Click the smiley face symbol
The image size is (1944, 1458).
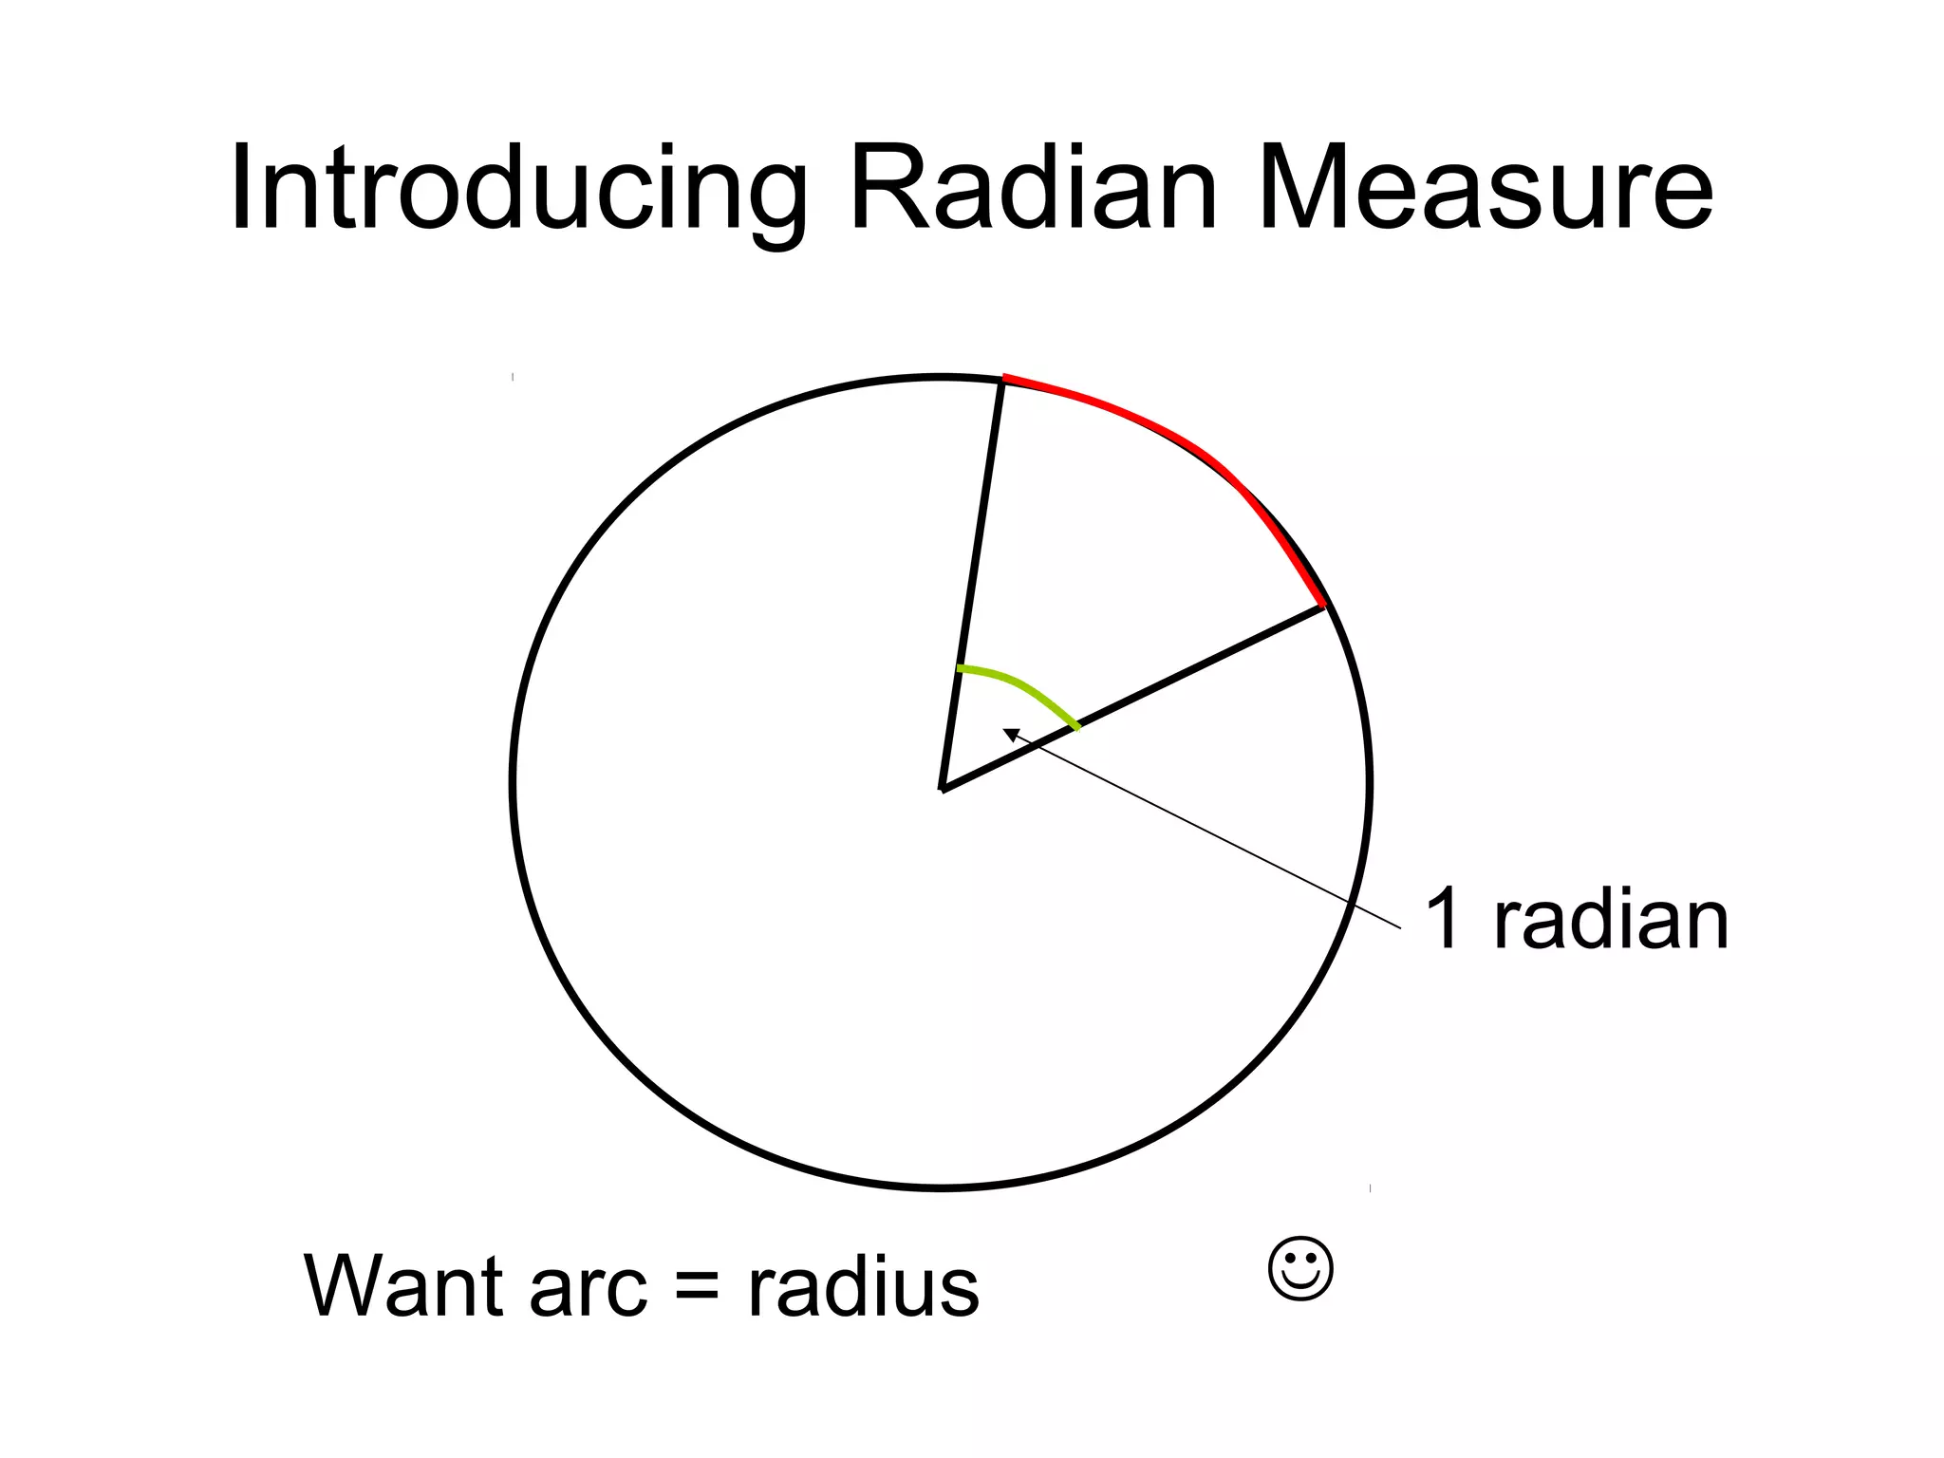click(1300, 1268)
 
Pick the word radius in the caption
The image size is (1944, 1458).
click(863, 1285)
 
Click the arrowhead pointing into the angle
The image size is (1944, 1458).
click(1012, 734)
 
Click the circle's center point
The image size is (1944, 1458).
click(942, 788)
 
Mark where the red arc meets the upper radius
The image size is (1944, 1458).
click(1003, 379)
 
